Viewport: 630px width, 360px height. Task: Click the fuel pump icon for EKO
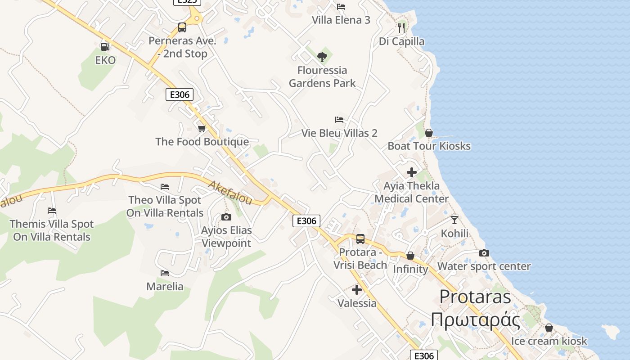[105, 46]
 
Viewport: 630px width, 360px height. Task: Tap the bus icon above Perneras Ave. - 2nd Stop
[182, 27]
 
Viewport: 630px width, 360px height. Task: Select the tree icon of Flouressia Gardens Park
[322, 57]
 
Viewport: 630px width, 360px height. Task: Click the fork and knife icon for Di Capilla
[401, 28]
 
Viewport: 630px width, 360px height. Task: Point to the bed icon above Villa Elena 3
[341, 7]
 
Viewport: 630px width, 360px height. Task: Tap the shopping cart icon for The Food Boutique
[202, 128]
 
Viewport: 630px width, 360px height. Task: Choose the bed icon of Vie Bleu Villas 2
[339, 120]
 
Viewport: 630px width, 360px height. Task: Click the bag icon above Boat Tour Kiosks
[429, 133]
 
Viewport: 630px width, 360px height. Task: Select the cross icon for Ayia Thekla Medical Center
[411, 172]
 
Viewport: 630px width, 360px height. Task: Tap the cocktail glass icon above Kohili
[454, 220]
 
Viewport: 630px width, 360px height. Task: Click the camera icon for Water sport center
[484, 253]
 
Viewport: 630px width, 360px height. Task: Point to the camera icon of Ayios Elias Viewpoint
[226, 217]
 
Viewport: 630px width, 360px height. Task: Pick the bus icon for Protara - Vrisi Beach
[360, 239]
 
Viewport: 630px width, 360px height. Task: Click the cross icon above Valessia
[357, 290]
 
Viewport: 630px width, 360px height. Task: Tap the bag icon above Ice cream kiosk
[549, 328]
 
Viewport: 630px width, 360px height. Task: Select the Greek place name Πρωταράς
[475, 320]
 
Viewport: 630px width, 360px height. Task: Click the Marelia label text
[165, 287]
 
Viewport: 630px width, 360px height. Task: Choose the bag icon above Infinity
[410, 256]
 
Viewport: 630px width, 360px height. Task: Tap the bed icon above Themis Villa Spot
[52, 211]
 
